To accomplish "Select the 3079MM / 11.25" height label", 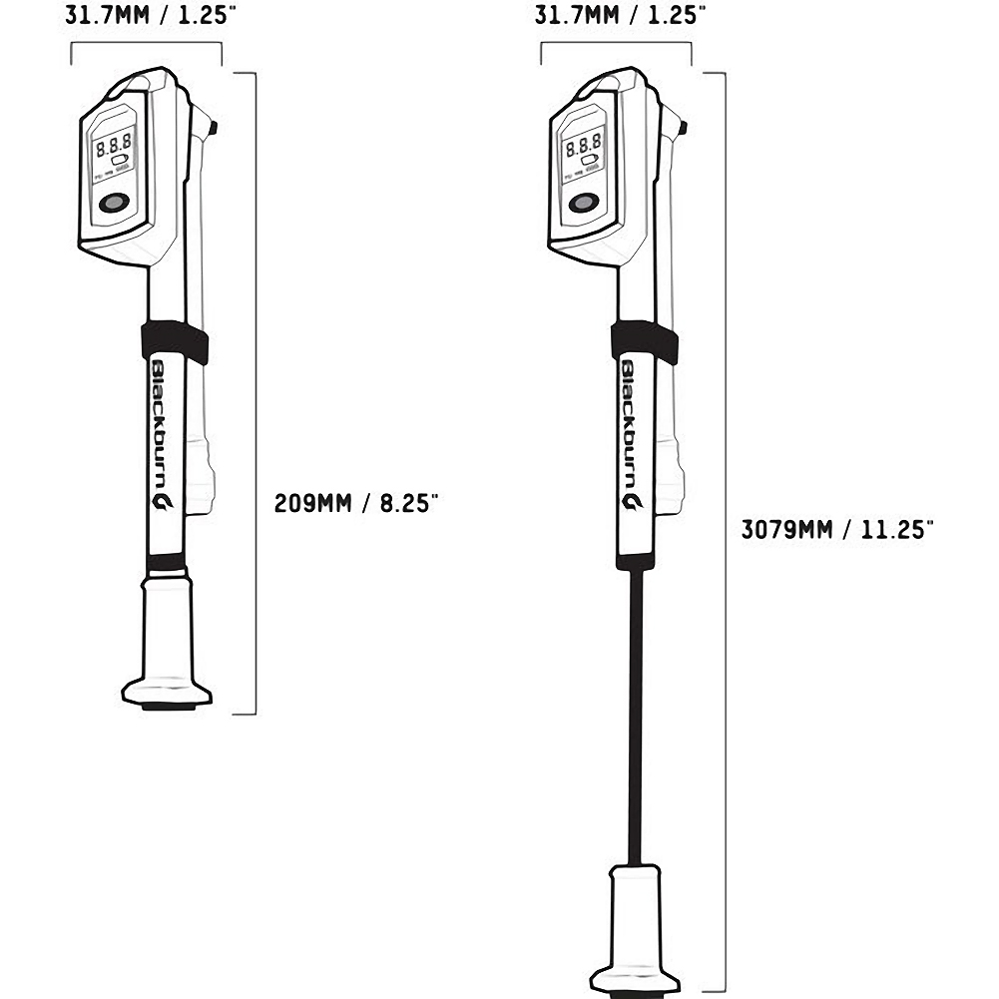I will point(836,529).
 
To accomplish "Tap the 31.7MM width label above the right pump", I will point(620,15).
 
